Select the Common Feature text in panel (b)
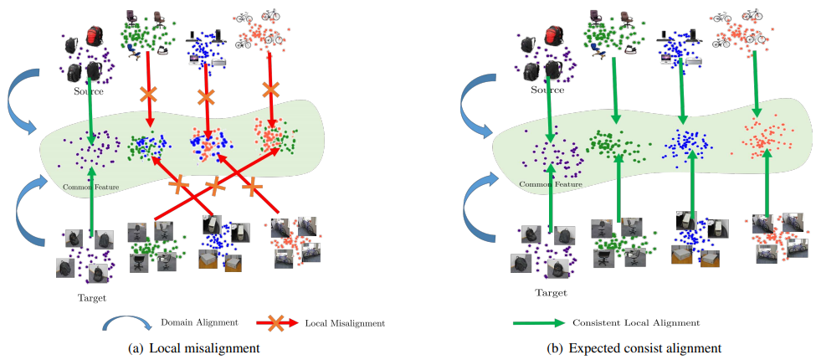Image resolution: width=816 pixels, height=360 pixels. [x=550, y=184]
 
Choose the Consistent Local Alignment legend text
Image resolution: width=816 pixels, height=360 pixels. [x=635, y=322]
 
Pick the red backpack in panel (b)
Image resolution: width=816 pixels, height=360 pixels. [x=555, y=39]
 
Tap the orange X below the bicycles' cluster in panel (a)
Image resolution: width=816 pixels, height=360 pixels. [x=269, y=88]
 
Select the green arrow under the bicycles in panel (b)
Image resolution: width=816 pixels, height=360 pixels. [x=756, y=84]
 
